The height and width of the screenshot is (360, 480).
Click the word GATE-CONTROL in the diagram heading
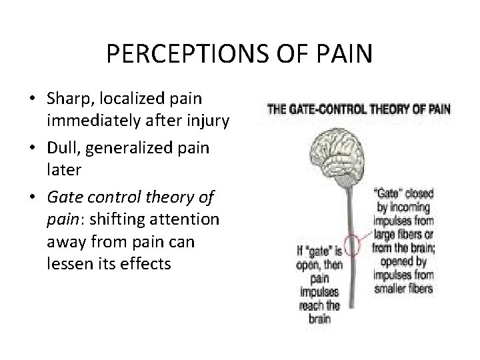point(325,109)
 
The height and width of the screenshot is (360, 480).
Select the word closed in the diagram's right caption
point(418,194)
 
